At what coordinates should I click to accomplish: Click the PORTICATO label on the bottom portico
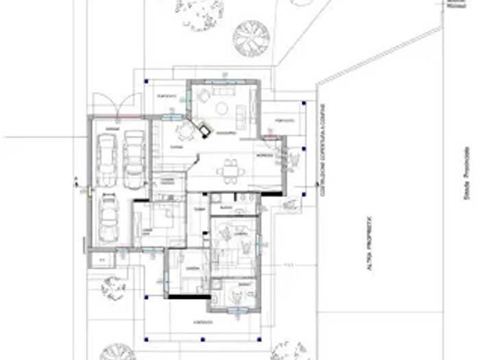click(x=202, y=321)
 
